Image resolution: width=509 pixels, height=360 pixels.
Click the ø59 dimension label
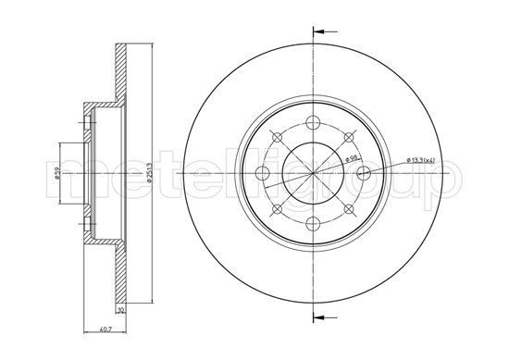pyautogui.click(x=57, y=173)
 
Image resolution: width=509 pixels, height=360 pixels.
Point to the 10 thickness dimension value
pyautogui.click(x=119, y=311)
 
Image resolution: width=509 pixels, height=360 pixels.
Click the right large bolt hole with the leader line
pyautogui.click(x=363, y=174)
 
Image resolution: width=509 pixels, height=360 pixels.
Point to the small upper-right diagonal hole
pyautogui.click(x=348, y=138)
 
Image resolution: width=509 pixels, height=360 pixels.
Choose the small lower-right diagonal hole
pyautogui.click(x=348, y=210)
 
